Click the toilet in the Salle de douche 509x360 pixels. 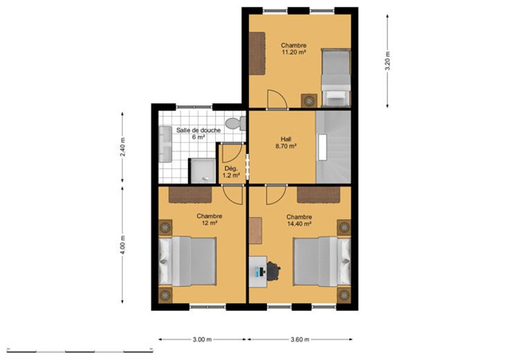236,124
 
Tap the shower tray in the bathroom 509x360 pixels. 203,171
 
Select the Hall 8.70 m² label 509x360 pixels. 286,143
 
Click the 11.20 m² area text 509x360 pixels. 294,53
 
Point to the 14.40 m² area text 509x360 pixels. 299,224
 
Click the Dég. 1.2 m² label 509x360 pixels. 231,172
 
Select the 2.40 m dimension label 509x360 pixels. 122,147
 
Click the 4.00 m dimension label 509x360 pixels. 122,245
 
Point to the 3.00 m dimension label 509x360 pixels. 202,339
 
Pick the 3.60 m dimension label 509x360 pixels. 300,339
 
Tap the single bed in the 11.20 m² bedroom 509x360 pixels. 335,78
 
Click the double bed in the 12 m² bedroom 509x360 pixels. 187,262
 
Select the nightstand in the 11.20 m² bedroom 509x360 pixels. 308,101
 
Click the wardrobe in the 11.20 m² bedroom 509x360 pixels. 257,53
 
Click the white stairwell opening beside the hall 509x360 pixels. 322,147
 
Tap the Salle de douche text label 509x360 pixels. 198,131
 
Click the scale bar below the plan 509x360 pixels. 80,351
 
